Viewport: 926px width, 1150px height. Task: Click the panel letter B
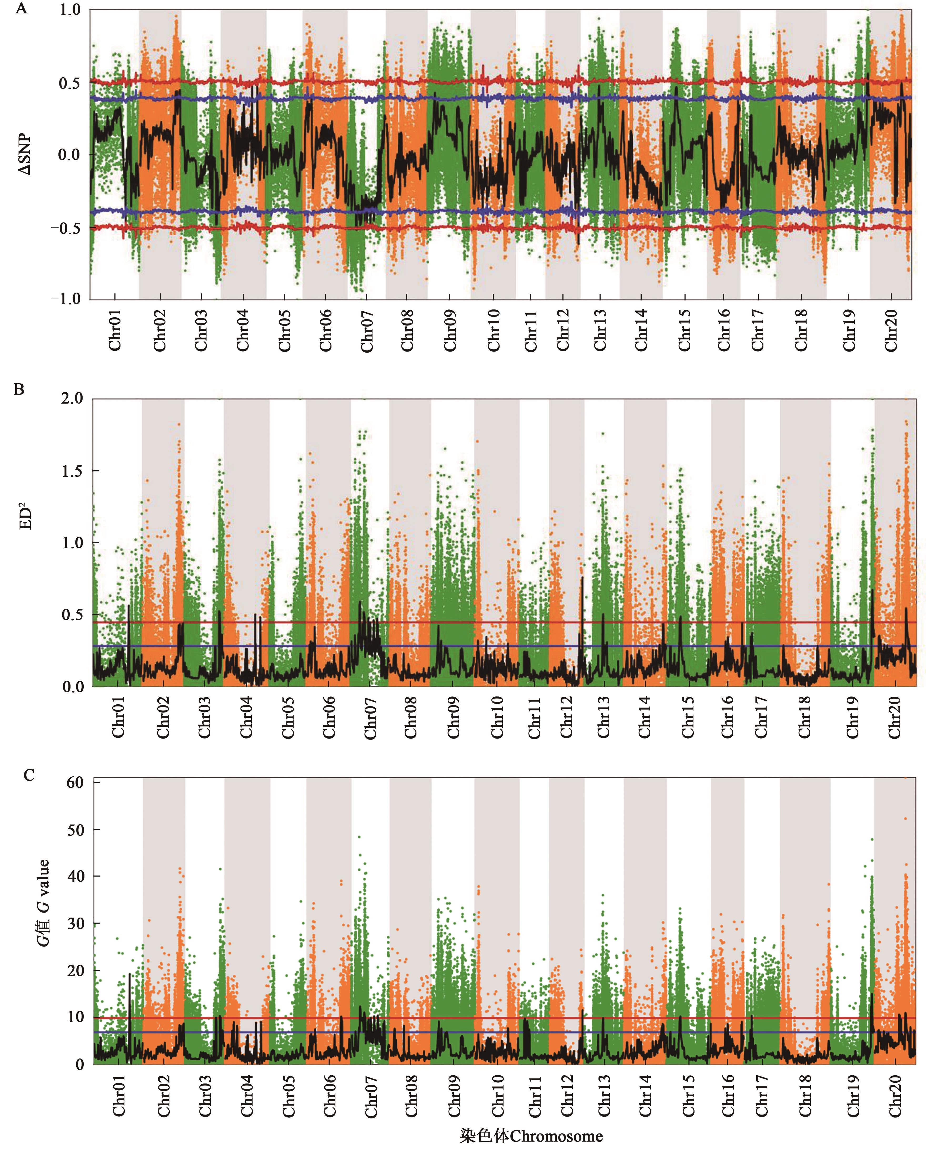pos(19,389)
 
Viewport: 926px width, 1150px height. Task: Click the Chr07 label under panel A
pos(367,331)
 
